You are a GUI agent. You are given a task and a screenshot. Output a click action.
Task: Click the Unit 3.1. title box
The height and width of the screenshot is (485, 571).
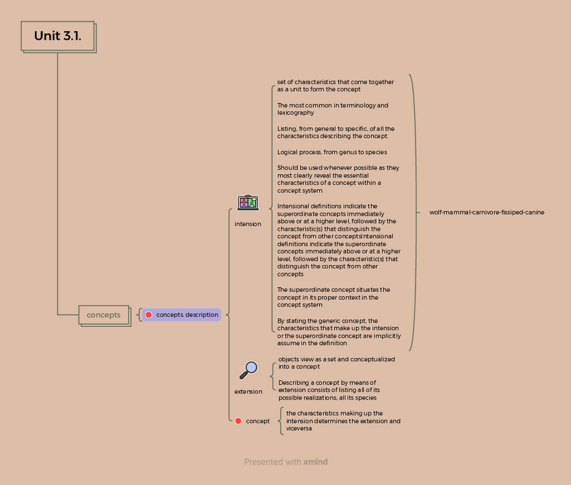(x=57, y=36)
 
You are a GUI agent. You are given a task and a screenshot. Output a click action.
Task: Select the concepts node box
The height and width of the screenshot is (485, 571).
(x=104, y=315)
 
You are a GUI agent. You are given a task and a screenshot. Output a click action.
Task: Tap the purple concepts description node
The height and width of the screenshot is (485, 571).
(x=182, y=315)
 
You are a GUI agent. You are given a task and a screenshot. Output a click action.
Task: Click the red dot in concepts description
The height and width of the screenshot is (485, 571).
(x=149, y=315)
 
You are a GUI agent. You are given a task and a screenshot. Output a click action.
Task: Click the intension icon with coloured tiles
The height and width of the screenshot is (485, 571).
(x=248, y=202)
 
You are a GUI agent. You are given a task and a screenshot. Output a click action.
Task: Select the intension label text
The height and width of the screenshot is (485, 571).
(x=248, y=224)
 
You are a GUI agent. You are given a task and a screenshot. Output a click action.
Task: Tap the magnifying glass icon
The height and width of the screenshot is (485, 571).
(x=248, y=370)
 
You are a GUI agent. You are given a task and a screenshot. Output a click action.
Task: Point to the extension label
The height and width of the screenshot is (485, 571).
(x=248, y=391)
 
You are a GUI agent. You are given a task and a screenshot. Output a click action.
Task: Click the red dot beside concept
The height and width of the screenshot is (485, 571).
(x=238, y=421)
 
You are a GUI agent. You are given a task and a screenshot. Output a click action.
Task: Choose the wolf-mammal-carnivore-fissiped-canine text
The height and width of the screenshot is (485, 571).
(x=486, y=213)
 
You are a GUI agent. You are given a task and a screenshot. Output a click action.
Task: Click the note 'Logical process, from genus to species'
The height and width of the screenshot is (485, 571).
(x=332, y=152)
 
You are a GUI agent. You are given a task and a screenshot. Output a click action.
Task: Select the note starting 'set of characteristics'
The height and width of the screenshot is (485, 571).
(x=335, y=85)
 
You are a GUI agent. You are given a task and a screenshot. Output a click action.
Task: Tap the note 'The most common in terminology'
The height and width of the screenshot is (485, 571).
(x=333, y=109)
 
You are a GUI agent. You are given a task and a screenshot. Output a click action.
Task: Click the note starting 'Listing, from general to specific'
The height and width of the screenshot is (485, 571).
(x=335, y=133)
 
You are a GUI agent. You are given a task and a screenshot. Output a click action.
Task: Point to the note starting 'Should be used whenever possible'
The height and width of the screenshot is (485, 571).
(x=338, y=179)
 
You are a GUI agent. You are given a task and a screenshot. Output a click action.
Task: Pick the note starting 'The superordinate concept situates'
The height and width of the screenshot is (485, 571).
(x=334, y=297)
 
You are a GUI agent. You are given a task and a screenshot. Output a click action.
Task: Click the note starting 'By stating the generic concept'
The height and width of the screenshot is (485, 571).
(x=339, y=332)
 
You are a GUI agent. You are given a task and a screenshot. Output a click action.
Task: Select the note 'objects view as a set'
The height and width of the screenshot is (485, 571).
(x=336, y=363)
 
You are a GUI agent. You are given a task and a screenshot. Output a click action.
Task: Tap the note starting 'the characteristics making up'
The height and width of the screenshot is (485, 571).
(x=343, y=421)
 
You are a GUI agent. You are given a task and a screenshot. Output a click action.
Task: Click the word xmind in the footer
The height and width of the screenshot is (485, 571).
(x=315, y=462)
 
